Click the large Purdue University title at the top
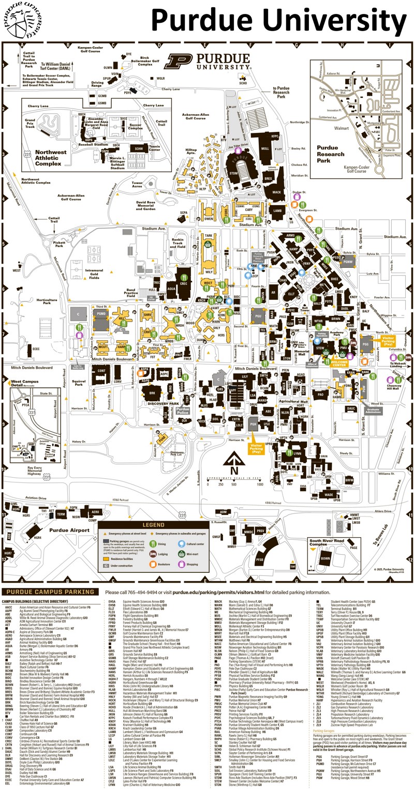click(279, 22)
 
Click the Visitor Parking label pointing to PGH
click(256, 448)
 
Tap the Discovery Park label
click(164, 403)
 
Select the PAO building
click(320, 394)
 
